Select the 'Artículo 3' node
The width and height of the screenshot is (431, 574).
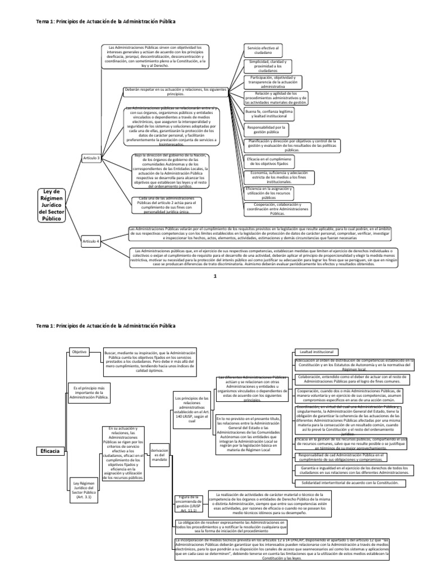click(x=91, y=159)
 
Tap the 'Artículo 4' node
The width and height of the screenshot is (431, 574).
click(x=91, y=241)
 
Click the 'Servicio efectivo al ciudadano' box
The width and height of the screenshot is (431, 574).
click(x=263, y=52)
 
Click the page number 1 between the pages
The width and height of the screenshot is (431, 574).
click(x=214, y=277)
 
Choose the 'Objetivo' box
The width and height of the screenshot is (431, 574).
click(x=80, y=351)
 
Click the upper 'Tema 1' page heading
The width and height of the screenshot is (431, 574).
click(x=106, y=21)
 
